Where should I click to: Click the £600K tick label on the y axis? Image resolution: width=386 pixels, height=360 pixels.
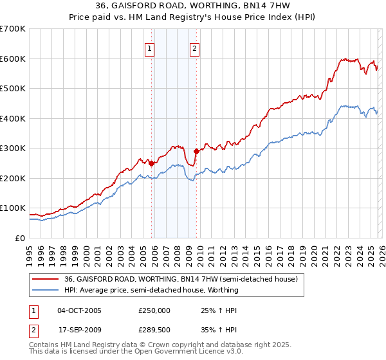(13, 59)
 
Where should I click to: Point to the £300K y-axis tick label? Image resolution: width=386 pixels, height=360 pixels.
(13, 148)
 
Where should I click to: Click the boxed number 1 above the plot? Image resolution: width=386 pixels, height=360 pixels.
(149, 48)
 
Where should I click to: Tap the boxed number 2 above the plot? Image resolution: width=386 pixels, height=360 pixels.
(194, 48)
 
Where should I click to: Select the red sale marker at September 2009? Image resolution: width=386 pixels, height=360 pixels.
(196, 152)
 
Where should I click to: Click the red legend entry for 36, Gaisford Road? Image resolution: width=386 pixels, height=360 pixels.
(181, 280)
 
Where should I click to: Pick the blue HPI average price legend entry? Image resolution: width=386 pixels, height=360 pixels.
(151, 290)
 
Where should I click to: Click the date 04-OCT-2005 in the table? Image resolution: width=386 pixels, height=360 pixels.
(79, 310)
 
